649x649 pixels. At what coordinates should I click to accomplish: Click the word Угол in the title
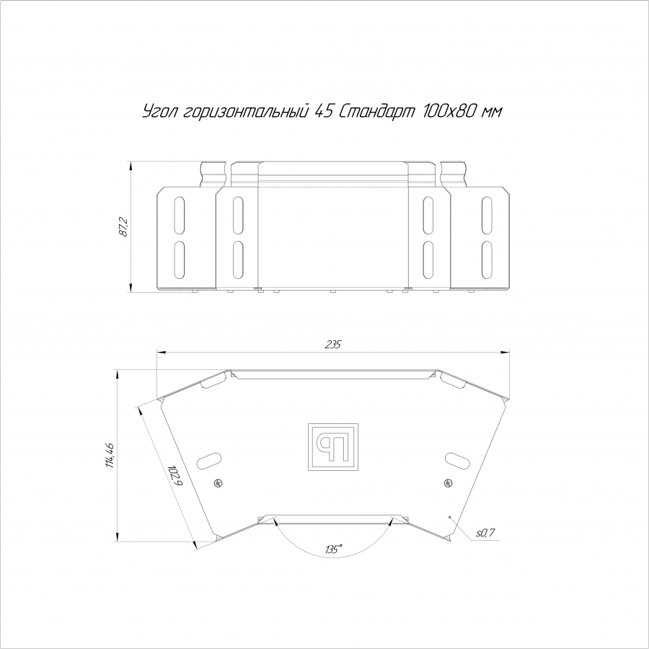pos(161,111)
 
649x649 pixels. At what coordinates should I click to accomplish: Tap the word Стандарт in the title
pos(376,111)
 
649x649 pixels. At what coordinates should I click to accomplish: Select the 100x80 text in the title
pos(449,111)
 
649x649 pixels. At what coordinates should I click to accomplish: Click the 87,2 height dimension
pos(124,227)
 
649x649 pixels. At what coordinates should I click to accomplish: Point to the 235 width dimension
pos(332,345)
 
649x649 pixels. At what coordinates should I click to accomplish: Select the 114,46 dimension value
pos(110,455)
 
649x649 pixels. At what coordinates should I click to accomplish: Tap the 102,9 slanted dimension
pos(175,476)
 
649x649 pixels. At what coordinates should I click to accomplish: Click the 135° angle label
pos(334,549)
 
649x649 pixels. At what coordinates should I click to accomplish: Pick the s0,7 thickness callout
pos(485,533)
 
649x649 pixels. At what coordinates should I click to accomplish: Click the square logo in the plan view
pos(332,447)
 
